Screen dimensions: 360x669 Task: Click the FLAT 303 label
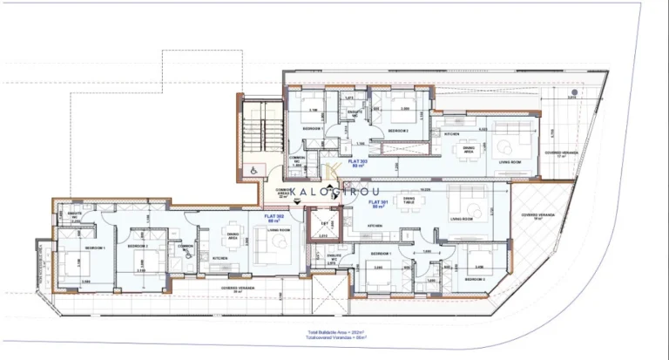point(357,163)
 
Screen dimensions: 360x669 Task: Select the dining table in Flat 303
point(469,146)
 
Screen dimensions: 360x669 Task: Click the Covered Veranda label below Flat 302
point(236,288)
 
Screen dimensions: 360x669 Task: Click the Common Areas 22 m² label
point(282,193)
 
